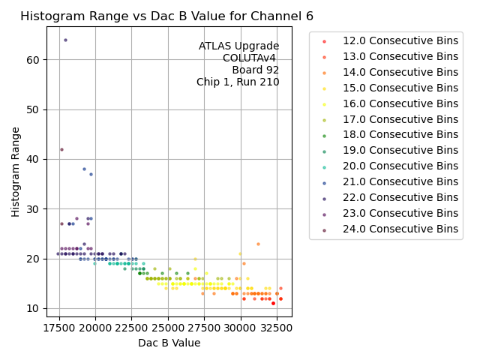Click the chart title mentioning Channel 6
(166, 16)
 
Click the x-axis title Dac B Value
(169, 343)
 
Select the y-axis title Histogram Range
(16, 172)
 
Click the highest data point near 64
(65, 40)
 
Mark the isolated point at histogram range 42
(61, 149)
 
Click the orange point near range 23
(258, 244)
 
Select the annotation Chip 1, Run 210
(238, 82)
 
